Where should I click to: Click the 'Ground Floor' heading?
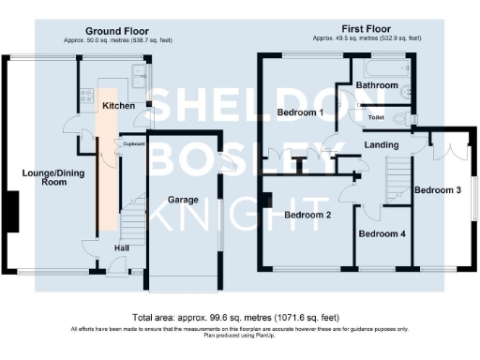click(x=116, y=31)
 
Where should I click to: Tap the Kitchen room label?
click(x=118, y=106)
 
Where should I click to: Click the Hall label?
click(x=122, y=247)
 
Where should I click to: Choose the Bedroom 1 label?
click(x=301, y=113)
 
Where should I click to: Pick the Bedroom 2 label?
click(x=307, y=215)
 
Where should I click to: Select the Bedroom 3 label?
click(x=438, y=190)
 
